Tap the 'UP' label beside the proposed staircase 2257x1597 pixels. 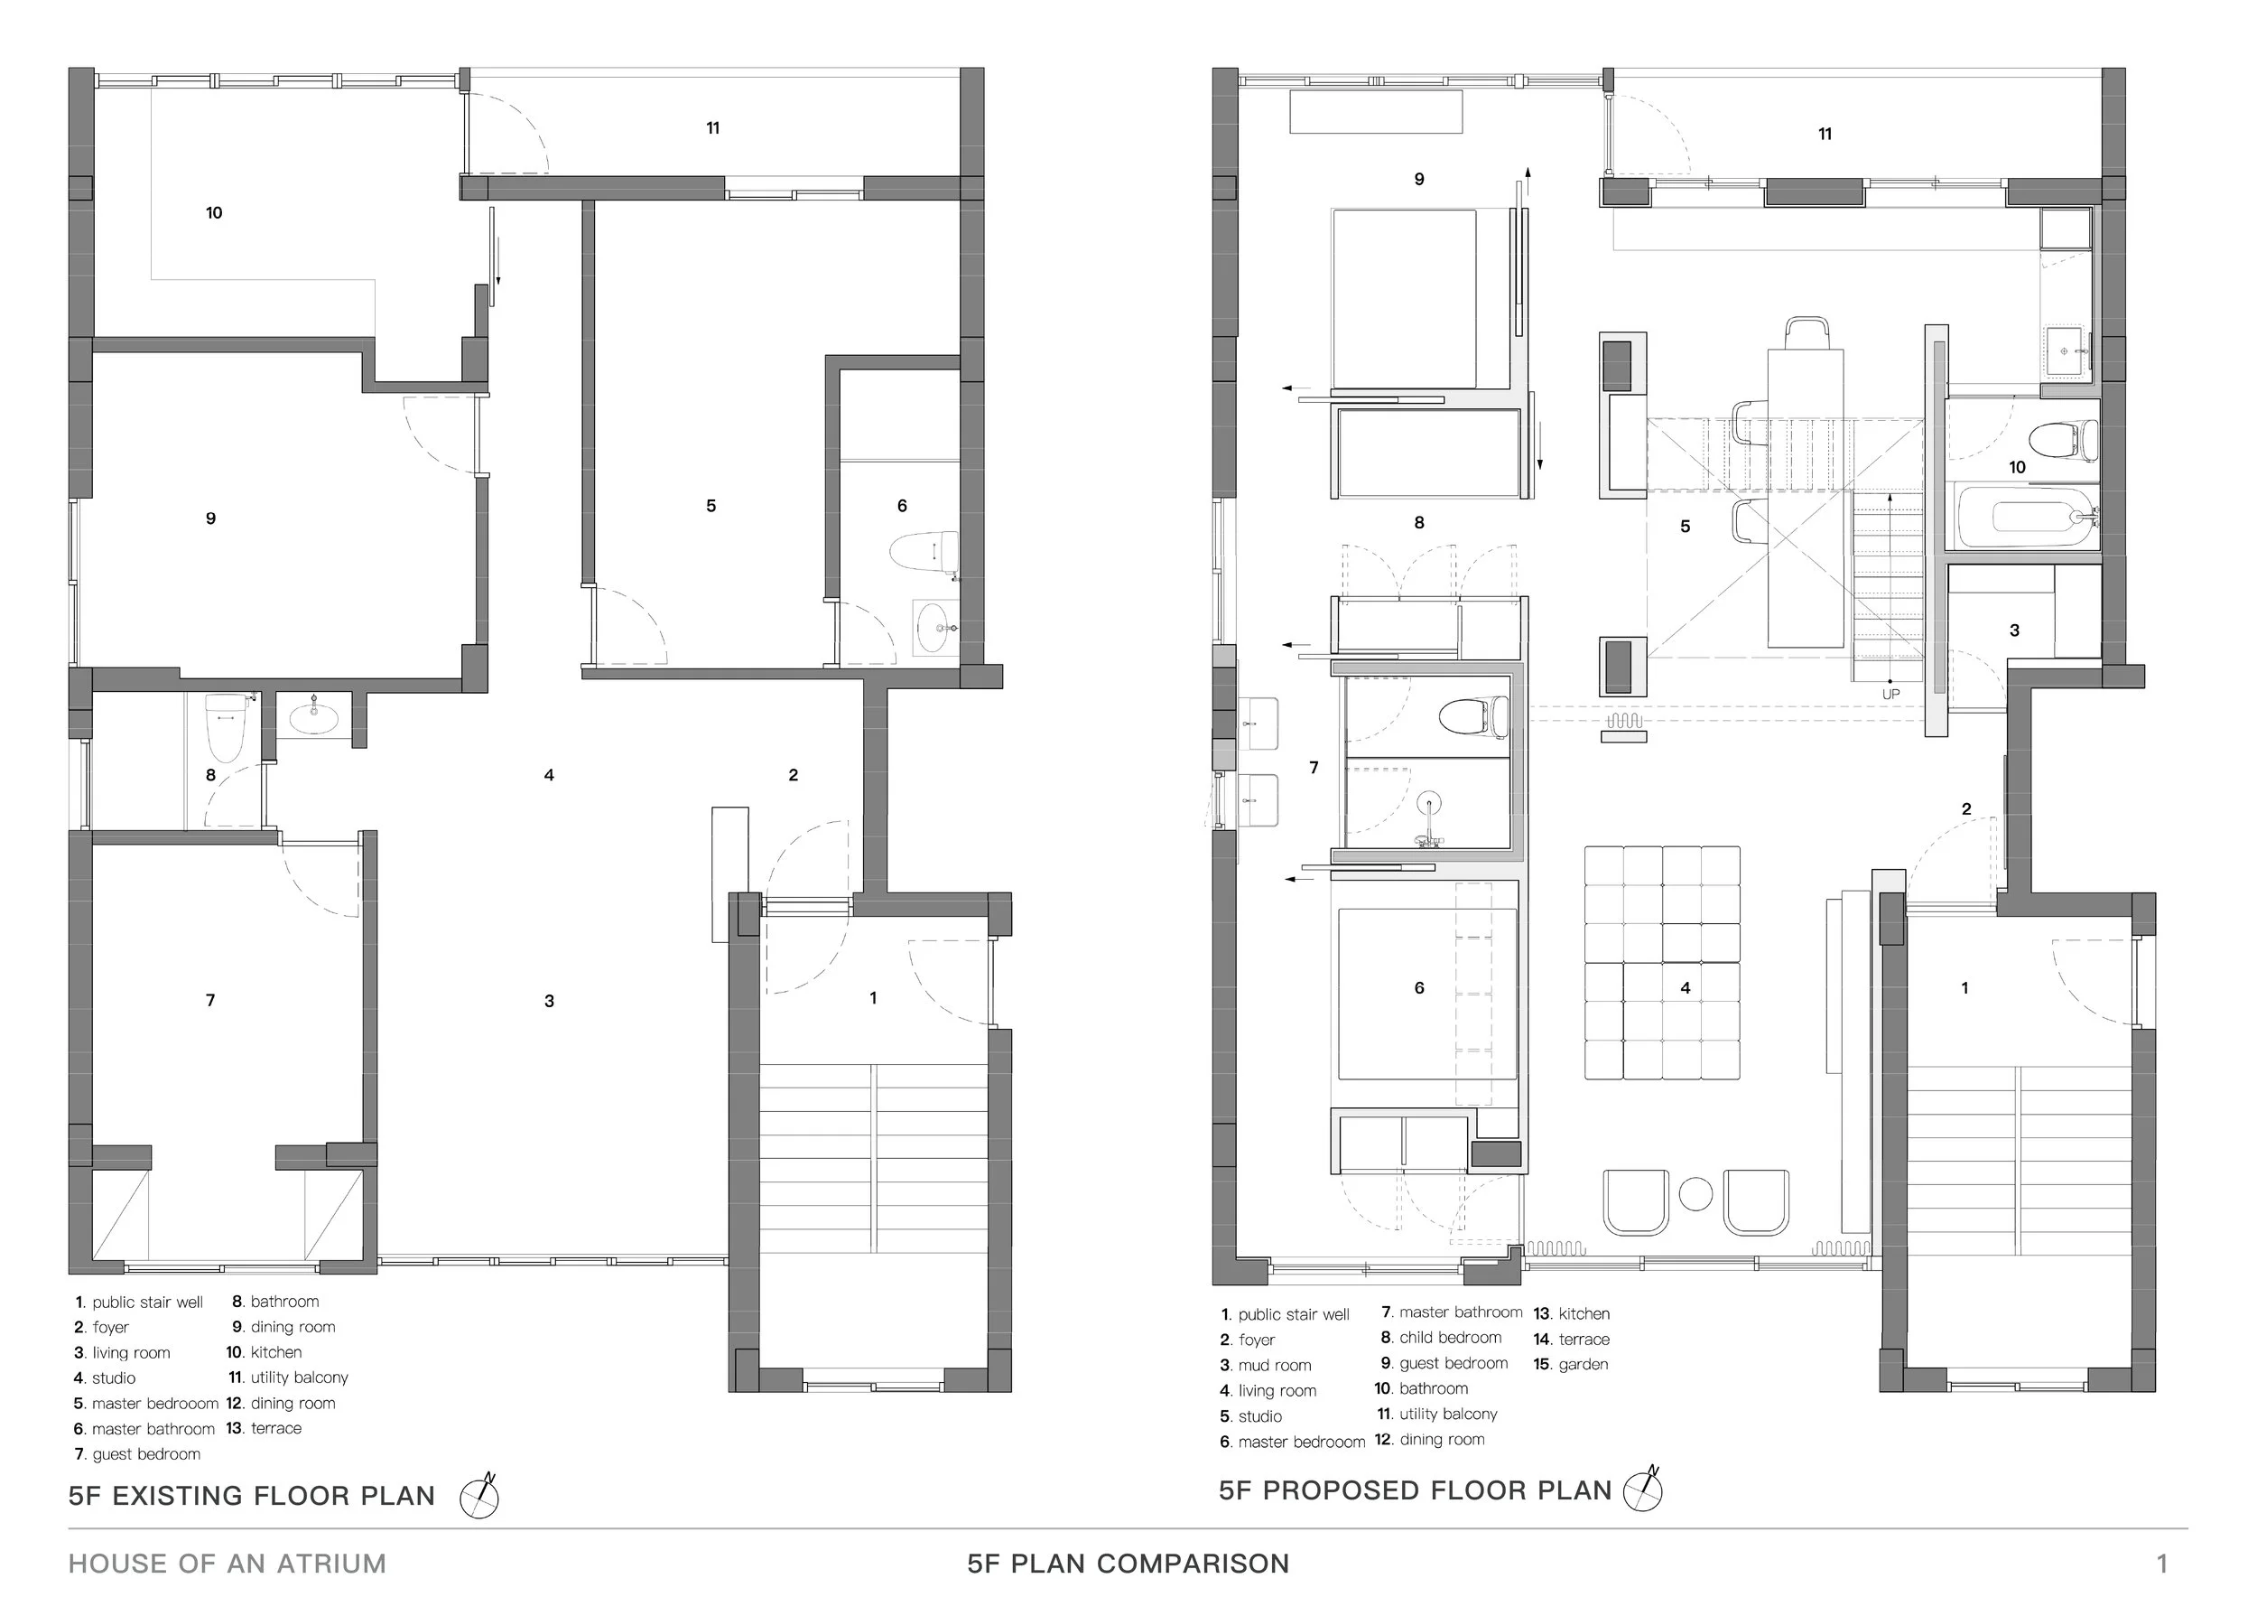point(1890,695)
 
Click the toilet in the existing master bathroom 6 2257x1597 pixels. point(924,551)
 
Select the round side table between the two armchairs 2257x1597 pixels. point(1695,1194)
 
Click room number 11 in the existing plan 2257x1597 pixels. point(712,128)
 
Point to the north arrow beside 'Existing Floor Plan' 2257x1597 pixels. point(479,1496)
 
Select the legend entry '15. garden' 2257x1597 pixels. point(1571,1364)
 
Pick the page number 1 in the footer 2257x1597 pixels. point(2161,1563)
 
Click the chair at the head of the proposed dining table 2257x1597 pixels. point(1807,333)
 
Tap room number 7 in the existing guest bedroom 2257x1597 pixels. point(210,1000)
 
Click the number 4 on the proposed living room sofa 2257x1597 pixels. point(1686,987)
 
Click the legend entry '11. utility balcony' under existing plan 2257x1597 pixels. point(288,1378)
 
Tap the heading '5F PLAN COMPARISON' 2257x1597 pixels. point(1128,1564)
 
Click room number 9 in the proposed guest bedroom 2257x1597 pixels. point(1419,179)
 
